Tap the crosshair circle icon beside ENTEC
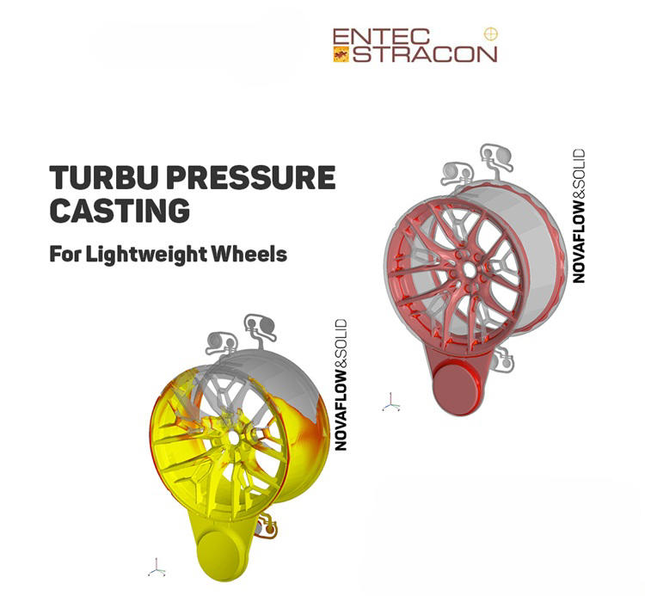point(491,34)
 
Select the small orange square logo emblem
point(339,53)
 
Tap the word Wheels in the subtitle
point(256,255)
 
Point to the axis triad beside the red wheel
point(391,402)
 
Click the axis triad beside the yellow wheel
point(156,567)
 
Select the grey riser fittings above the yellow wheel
point(241,335)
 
